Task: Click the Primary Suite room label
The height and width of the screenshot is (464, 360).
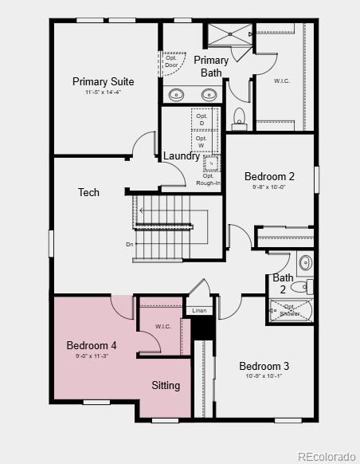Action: coord(103,81)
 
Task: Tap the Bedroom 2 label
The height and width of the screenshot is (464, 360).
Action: coord(269,176)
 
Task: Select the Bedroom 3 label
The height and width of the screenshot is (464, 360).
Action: coord(264,366)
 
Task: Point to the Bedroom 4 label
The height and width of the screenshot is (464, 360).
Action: coord(92,345)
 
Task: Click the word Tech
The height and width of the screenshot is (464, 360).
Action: coord(88,192)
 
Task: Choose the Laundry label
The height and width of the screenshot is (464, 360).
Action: coord(182,156)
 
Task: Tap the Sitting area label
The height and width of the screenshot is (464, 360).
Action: coord(166,385)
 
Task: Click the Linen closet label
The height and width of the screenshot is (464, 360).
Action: coord(199,310)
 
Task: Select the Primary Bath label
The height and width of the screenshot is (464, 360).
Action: coord(211,66)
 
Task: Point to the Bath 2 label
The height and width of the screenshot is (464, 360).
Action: coord(283,284)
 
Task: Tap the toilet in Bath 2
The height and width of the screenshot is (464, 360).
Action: coord(299,287)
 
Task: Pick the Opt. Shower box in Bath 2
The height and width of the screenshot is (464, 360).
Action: coord(290,310)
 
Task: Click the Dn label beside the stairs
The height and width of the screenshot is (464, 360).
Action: coord(129,245)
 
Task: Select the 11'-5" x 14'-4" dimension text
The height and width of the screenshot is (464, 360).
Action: coord(103,93)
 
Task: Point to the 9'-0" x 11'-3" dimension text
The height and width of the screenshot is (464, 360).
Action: coord(92,356)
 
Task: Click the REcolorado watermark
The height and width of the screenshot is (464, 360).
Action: coord(326,456)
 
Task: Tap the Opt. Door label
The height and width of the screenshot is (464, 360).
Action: coord(171,61)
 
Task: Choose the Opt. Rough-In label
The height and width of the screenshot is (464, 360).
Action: coord(208,179)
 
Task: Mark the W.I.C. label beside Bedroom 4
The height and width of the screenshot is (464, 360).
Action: coord(163,326)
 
